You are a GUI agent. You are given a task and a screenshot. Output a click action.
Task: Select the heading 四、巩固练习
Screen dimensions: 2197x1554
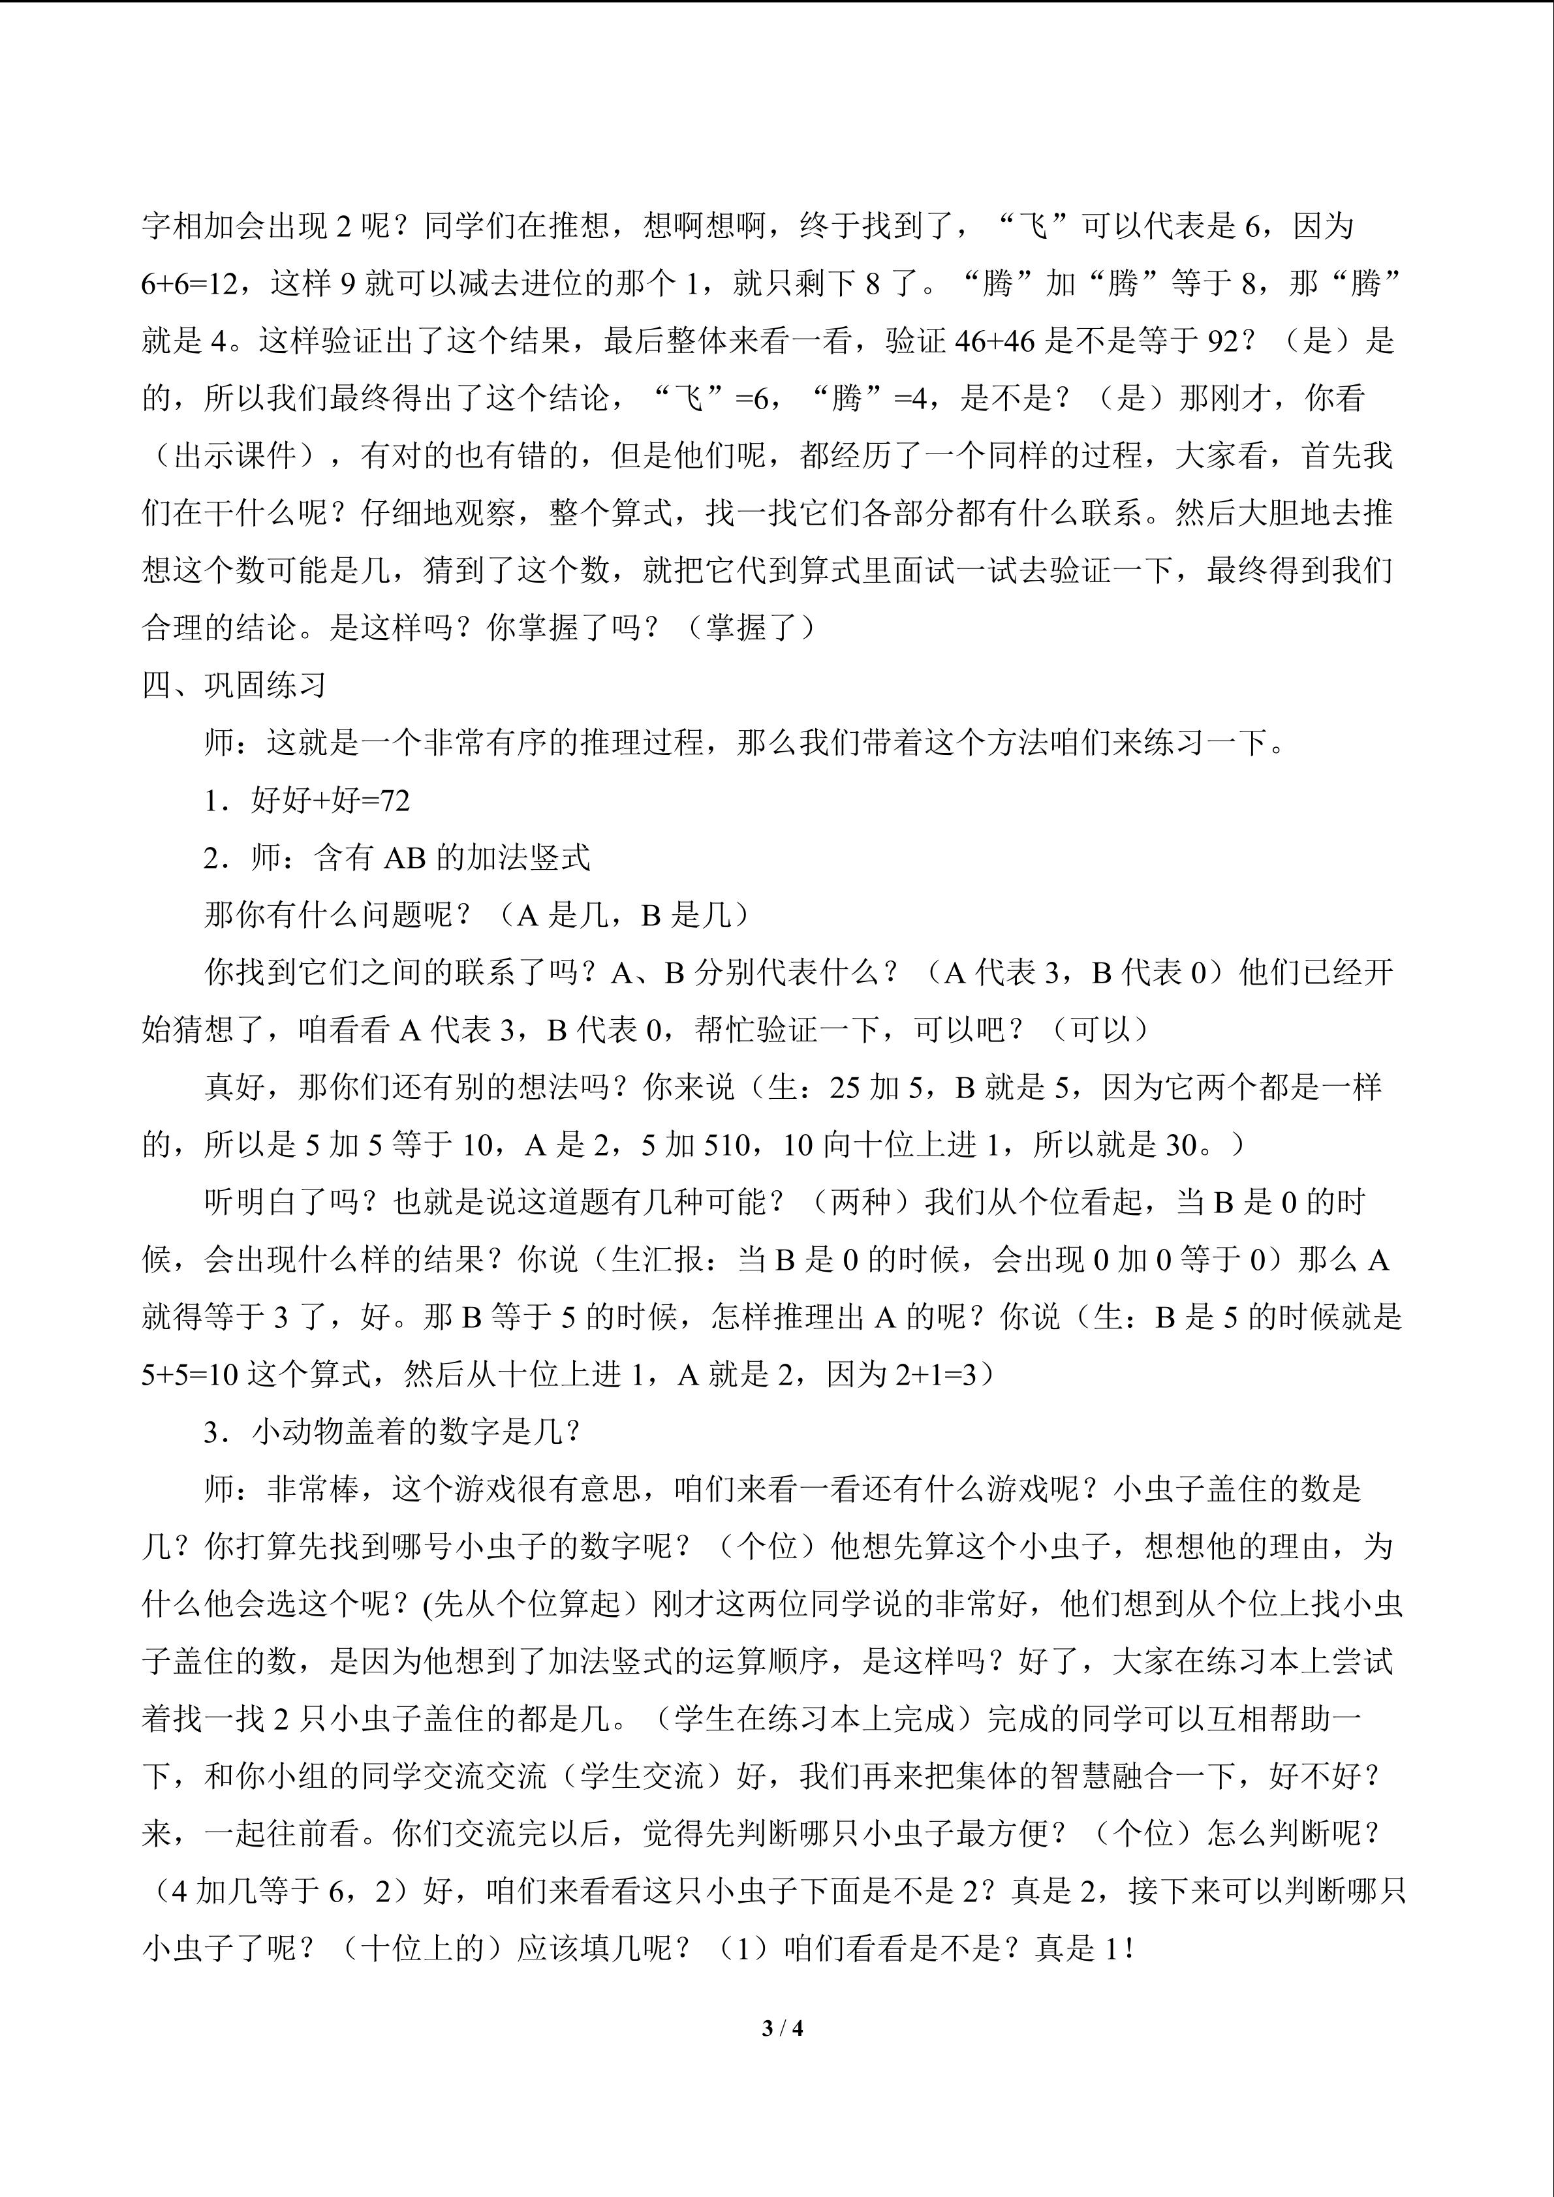(x=234, y=685)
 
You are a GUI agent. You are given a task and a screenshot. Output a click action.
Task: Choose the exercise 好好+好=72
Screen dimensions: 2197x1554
(x=330, y=800)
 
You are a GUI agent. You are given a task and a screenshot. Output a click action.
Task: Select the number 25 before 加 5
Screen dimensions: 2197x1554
(x=846, y=1088)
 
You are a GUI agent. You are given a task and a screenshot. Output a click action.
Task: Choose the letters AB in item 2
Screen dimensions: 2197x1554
(x=404, y=858)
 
